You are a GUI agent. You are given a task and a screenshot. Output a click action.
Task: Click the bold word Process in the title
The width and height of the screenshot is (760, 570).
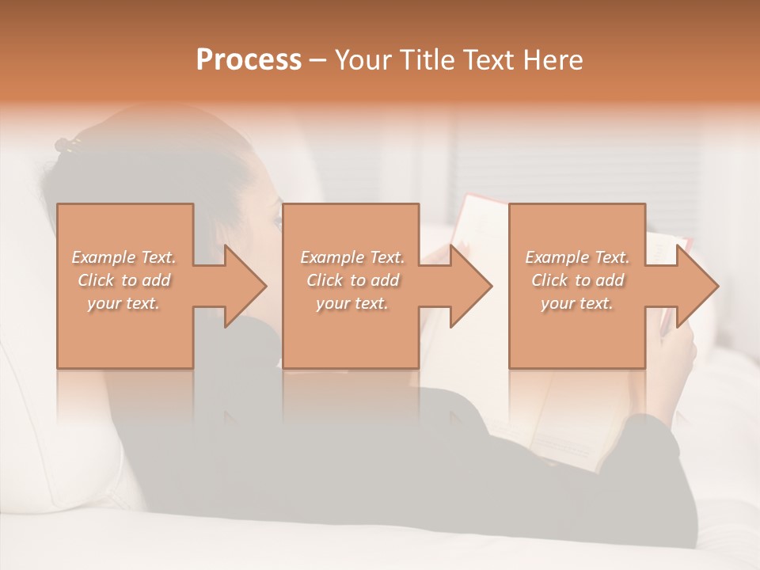[x=249, y=60]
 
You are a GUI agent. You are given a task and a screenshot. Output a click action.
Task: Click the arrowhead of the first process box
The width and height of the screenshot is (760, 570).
[x=244, y=286]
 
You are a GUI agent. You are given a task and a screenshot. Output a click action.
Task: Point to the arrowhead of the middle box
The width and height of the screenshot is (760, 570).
[x=469, y=286]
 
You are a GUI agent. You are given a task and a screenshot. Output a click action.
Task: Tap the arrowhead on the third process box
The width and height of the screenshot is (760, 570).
[x=696, y=286]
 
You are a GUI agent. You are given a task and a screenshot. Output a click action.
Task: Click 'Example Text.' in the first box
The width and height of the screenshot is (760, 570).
[x=123, y=257]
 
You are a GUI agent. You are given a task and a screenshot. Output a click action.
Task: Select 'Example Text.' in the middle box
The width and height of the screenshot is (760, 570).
[x=351, y=257]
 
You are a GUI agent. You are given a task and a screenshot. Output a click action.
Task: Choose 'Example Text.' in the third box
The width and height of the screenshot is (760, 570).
[x=577, y=257]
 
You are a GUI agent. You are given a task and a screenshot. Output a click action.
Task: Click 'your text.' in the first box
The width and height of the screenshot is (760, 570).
[x=123, y=303]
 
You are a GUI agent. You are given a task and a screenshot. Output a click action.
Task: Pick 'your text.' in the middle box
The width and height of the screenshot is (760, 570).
[x=351, y=303]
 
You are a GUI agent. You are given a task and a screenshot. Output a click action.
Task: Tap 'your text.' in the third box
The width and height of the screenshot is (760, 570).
[x=577, y=303]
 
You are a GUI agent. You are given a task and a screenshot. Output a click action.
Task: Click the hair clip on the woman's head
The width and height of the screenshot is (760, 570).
[x=68, y=144]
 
